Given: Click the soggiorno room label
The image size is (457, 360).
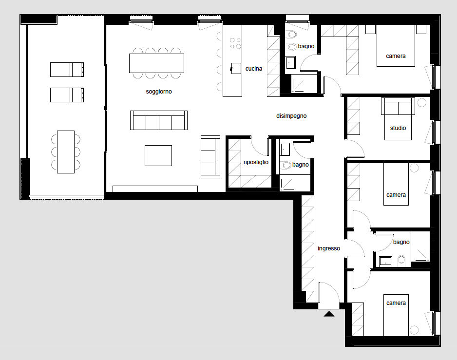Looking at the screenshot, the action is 159,92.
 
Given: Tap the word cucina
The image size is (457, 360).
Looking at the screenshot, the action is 253,69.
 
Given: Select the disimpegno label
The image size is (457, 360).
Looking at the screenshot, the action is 291,116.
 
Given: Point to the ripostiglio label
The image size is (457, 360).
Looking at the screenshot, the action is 256,162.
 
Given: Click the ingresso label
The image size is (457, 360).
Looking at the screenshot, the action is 329,248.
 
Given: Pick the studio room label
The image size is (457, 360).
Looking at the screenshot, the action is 398,128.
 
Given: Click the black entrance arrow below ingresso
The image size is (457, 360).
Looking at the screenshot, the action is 329,314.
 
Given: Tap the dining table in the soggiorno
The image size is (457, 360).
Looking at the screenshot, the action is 156,63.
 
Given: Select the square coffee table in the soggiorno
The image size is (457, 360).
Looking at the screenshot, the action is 158,156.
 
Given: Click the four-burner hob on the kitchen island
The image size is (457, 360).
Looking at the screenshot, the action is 235,43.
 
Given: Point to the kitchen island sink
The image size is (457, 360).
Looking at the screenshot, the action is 236,69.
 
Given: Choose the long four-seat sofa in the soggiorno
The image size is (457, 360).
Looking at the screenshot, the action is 159,120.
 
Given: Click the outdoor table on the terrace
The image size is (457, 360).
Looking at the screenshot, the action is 66,152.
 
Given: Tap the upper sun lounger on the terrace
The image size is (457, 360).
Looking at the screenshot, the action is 67,69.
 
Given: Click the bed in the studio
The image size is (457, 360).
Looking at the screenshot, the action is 398,119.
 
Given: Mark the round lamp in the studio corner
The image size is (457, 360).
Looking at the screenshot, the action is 422,103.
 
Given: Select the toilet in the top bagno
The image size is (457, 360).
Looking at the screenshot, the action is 291,34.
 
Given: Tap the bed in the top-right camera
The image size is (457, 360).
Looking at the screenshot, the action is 396,46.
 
